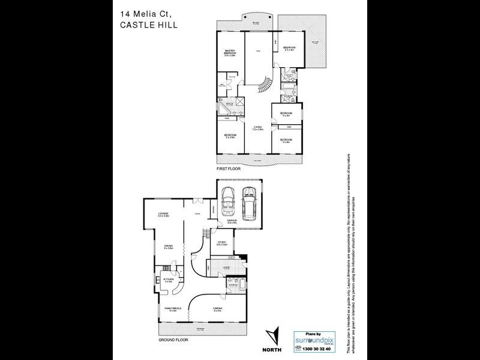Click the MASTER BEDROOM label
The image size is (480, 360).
[229, 53]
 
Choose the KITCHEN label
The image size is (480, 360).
[169, 280]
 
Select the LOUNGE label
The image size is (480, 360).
[163, 214]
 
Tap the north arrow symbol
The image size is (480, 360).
[274, 334]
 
